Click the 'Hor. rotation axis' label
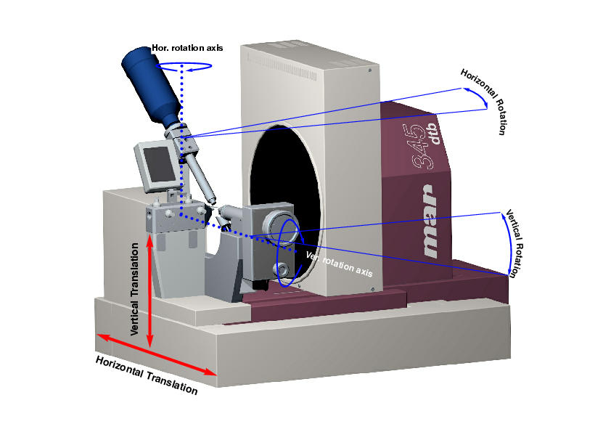click(x=188, y=48)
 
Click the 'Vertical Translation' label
click(x=136, y=288)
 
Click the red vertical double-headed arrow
click(x=149, y=290)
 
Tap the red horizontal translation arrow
click(x=157, y=354)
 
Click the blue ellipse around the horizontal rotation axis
click(x=186, y=66)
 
